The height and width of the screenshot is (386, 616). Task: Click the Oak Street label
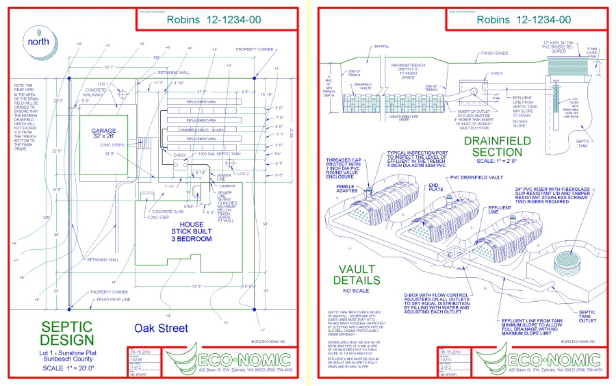tap(161, 329)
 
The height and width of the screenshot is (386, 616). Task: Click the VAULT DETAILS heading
tap(357, 274)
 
